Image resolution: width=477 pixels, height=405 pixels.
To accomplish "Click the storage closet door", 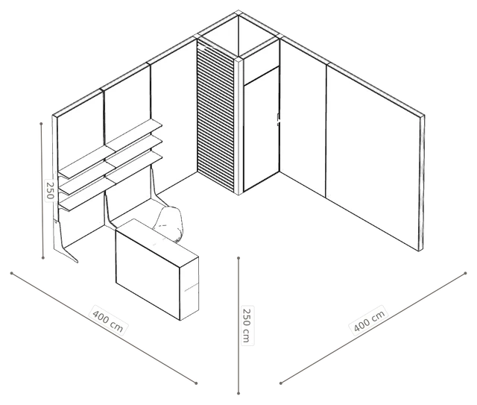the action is click(x=262, y=129).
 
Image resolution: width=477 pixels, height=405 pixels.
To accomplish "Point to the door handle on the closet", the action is click(x=278, y=119).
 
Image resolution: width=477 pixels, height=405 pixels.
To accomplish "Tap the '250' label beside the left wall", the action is click(x=50, y=190).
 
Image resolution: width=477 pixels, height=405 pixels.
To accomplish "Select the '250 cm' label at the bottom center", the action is click(x=247, y=325).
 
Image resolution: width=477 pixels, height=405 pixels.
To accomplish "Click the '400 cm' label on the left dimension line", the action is click(x=108, y=321).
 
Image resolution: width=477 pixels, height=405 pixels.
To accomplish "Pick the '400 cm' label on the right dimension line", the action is click(x=370, y=321).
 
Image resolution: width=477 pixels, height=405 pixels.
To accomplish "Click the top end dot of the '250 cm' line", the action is click(x=238, y=258).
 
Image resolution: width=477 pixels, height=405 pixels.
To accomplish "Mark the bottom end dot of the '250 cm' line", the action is click(x=238, y=393).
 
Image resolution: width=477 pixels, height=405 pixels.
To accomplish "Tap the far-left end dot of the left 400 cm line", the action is click(x=12, y=273).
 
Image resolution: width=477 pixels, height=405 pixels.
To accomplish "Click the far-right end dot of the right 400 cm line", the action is click(x=465, y=273).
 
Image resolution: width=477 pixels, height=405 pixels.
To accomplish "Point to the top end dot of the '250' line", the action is click(x=41, y=124).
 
